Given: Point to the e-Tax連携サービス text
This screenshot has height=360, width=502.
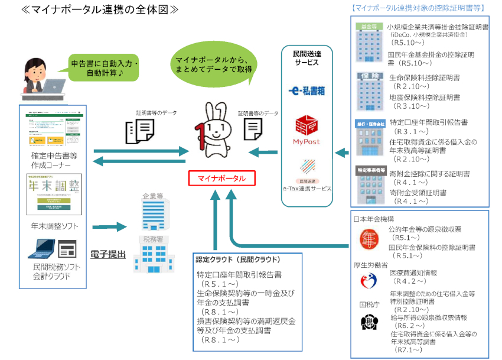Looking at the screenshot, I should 306,188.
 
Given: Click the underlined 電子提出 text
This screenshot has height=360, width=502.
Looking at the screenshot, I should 107,254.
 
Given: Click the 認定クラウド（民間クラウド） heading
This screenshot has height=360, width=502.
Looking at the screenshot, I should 237,260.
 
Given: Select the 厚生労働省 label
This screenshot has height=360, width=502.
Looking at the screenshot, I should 370,264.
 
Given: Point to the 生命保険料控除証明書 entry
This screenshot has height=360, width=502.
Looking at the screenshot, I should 425,78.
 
